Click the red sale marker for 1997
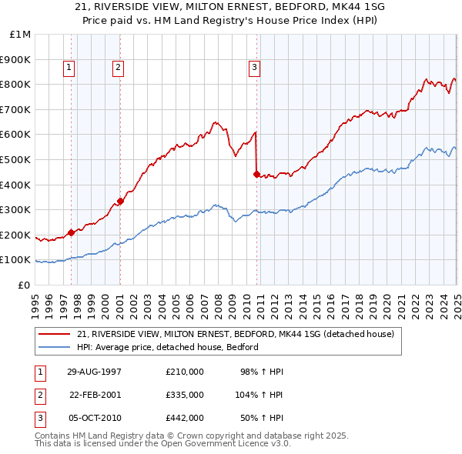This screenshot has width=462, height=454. click(72, 232)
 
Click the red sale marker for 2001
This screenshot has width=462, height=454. click(121, 201)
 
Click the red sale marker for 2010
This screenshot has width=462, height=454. click(256, 173)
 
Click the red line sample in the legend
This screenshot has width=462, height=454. click(55, 334)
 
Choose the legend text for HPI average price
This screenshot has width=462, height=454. click(168, 347)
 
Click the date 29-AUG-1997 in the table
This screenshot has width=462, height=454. click(94, 372)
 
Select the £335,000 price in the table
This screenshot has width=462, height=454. click(185, 395)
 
